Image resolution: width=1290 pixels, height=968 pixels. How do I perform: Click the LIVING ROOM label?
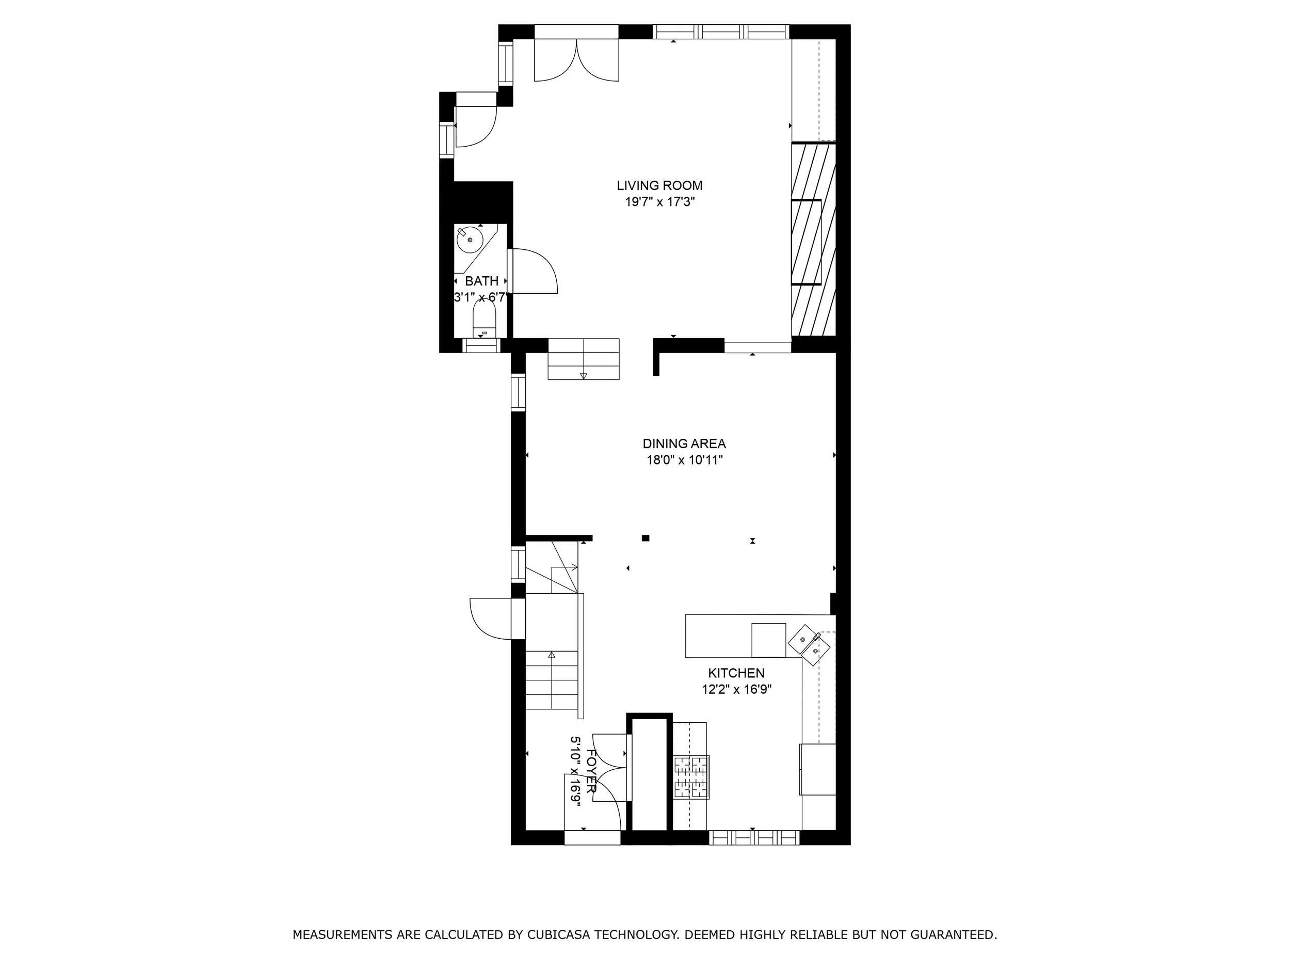[659, 185]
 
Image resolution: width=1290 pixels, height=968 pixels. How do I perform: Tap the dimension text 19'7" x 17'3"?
[659, 202]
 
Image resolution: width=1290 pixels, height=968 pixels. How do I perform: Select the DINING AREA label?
[684, 443]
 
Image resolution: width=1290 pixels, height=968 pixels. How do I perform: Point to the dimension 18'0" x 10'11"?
[684, 460]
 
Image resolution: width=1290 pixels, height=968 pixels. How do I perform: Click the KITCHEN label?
[736, 673]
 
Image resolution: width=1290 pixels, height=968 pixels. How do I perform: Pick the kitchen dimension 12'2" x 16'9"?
[736, 690]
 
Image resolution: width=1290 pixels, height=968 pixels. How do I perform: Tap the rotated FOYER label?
[591, 771]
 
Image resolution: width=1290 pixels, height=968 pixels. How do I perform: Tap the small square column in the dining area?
[646, 538]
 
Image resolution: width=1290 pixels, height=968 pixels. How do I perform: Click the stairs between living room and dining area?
[583, 359]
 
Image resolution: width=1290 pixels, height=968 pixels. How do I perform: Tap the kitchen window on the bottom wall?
[753, 838]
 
